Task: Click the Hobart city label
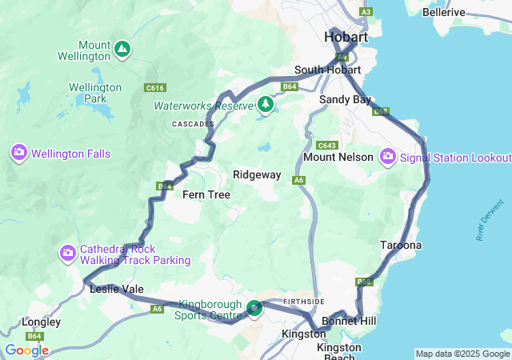[346, 38]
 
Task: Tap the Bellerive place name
[443, 12]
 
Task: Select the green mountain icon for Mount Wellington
[122, 50]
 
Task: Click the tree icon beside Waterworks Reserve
[266, 104]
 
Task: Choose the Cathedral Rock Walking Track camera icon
[68, 254]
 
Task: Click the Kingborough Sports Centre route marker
[254, 308]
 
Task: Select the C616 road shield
[155, 88]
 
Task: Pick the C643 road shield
[326, 145]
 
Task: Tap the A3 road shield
[366, 12]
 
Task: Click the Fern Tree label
[206, 194]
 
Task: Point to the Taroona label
[401, 245]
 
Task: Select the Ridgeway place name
[257, 174]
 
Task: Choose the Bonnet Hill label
[349, 321]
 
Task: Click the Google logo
[26, 350]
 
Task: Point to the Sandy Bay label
[345, 99]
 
